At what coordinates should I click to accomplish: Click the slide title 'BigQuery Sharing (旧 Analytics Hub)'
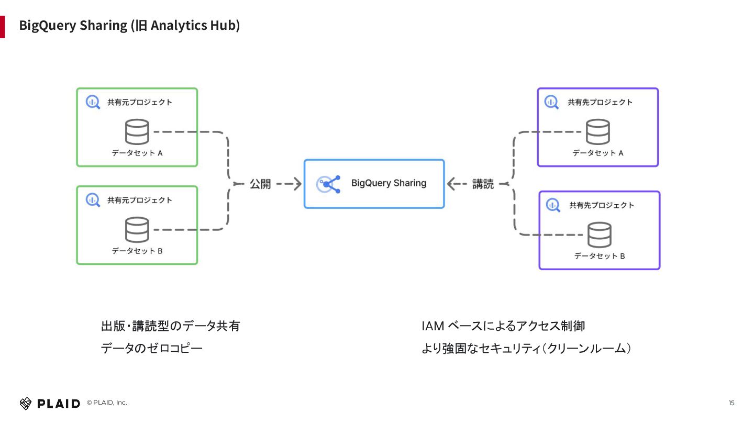point(129,26)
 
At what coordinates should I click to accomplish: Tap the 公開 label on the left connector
point(260,184)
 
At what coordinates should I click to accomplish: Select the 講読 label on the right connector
point(483,184)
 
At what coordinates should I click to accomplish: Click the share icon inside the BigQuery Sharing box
point(328,184)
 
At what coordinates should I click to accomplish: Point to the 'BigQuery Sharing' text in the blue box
point(389,183)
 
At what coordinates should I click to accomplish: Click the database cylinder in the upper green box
point(137,131)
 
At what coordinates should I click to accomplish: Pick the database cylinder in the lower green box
point(137,229)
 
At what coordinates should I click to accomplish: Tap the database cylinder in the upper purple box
point(598,131)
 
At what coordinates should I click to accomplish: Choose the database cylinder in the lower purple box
point(600,235)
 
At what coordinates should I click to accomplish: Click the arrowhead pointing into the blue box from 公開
point(297,184)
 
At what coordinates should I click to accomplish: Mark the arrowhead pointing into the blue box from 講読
point(451,184)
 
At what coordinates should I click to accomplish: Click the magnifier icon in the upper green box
point(93,102)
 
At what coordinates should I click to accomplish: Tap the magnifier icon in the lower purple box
point(553,205)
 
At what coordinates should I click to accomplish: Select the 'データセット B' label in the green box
point(137,251)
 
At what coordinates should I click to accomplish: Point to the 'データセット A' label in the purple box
point(598,153)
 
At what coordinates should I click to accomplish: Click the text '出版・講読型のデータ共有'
point(170,326)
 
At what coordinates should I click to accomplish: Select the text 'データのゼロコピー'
point(151,348)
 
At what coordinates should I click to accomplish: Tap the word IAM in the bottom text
point(433,326)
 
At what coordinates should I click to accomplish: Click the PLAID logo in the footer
point(50,404)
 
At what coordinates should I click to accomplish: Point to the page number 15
point(731,403)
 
